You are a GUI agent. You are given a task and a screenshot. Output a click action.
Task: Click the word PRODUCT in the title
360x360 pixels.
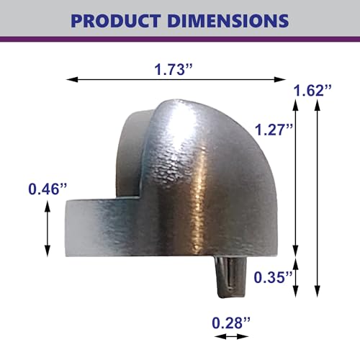tap(115, 21)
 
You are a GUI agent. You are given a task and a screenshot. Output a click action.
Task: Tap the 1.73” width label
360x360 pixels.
tap(174, 69)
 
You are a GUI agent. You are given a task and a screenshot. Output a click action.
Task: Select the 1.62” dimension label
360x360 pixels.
tap(312, 91)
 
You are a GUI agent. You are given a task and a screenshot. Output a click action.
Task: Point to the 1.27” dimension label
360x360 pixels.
tap(274, 130)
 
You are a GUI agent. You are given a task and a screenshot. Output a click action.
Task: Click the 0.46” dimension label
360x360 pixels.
tap(48, 189)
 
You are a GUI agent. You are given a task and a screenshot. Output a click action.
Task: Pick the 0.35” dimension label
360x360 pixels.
tap(273, 277)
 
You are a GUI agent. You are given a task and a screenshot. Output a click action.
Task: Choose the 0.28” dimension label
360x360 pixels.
tap(231, 323)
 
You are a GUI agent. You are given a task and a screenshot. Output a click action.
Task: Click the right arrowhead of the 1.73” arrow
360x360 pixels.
tap(280, 79)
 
